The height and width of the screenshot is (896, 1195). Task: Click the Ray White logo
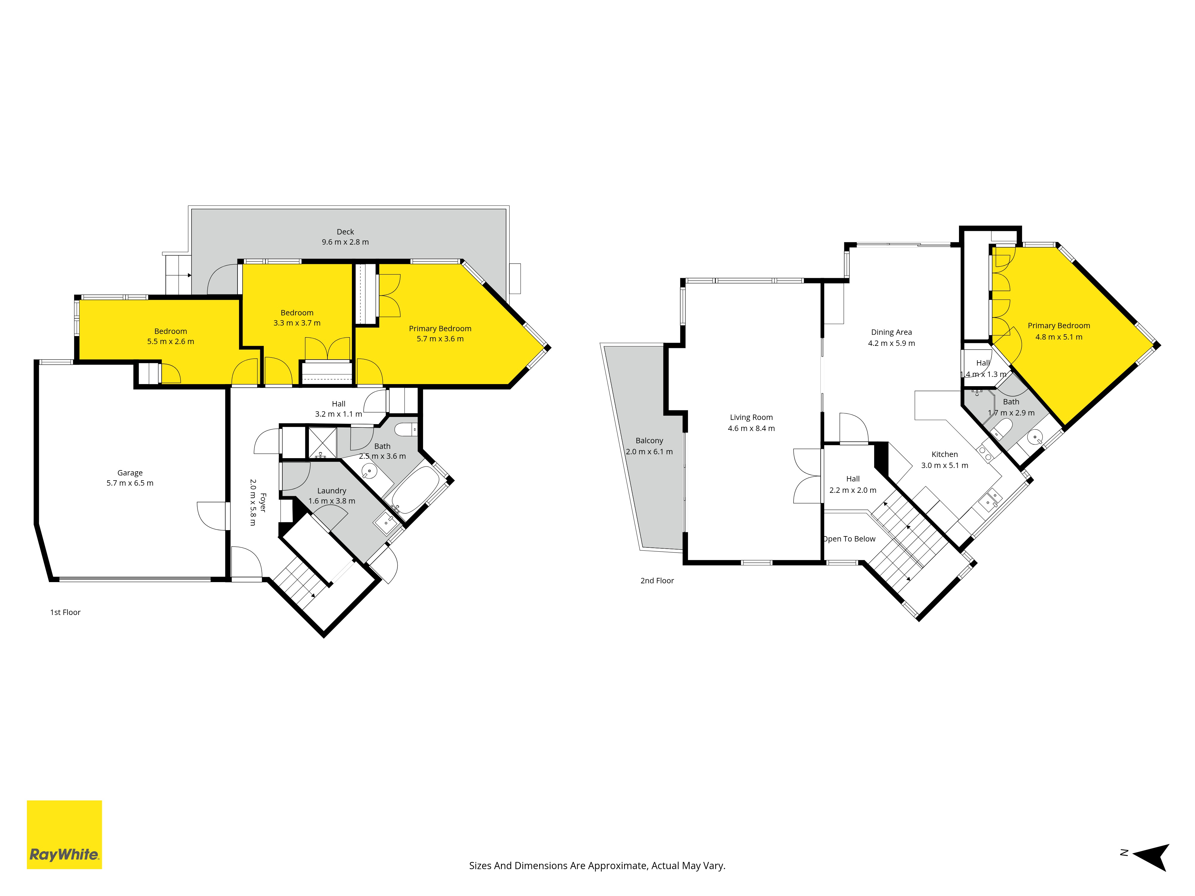(x=64, y=834)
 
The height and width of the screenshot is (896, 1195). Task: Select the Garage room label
(x=130, y=472)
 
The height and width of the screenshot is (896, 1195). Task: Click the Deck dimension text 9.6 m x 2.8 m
(x=345, y=242)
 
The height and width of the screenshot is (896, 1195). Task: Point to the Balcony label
(x=649, y=441)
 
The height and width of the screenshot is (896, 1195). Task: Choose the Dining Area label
(x=891, y=332)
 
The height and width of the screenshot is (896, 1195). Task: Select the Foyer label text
(x=263, y=502)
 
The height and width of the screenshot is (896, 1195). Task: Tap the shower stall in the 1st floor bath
(x=322, y=443)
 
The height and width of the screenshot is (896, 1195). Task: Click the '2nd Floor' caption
(x=658, y=581)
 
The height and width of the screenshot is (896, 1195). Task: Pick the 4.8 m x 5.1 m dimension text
(x=1059, y=337)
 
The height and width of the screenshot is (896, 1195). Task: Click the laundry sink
(x=386, y=523)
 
